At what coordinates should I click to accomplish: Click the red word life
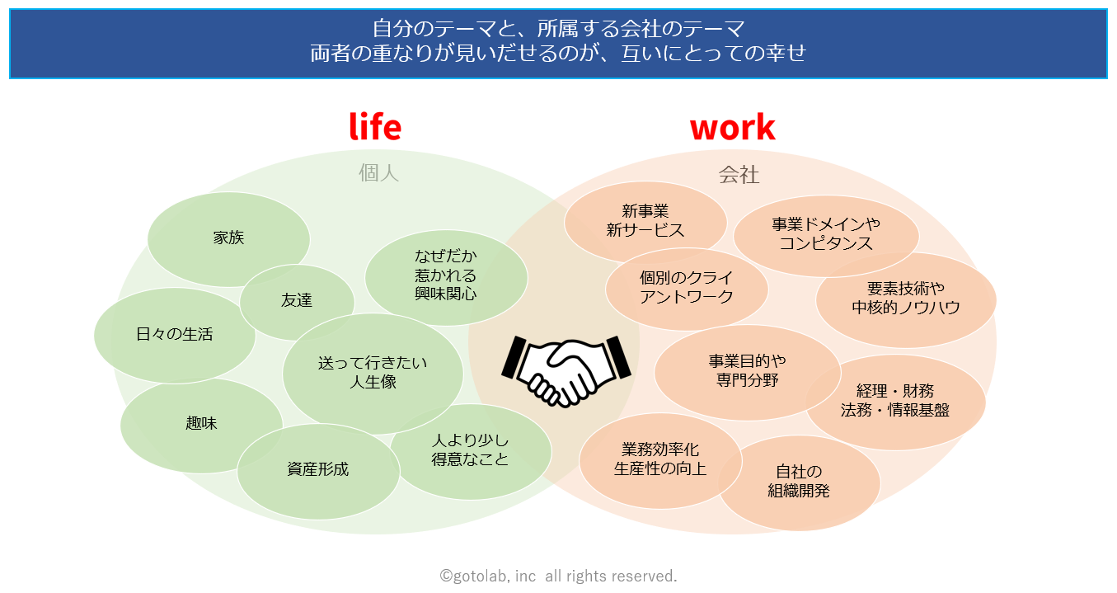coord(375,127)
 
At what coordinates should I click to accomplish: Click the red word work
coord(732,127)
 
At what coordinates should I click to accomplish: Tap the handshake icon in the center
coord(566,368)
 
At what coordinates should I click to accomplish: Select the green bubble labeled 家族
coord(228,238)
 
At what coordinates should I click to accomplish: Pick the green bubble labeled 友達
coord(297,301)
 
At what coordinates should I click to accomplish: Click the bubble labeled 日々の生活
coord(174,334)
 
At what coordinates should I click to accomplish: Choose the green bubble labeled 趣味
coord(201,424)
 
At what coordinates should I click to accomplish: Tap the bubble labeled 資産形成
coord(318,470)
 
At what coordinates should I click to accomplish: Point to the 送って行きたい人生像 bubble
coord(373,372)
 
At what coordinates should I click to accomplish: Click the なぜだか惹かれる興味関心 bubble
coord(446,275)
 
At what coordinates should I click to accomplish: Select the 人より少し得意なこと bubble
coord(471,450)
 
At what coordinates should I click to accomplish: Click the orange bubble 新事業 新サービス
coord(645,221)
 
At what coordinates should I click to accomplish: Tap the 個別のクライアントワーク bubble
coord(687,287)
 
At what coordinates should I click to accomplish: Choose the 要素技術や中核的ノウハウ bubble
coord(906,299)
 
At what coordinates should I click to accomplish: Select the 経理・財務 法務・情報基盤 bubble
coord(895,401)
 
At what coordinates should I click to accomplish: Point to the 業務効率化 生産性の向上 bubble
coord(660,459)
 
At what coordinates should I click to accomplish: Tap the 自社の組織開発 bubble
coord(799,482)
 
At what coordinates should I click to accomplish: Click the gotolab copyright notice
coord(558,576)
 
